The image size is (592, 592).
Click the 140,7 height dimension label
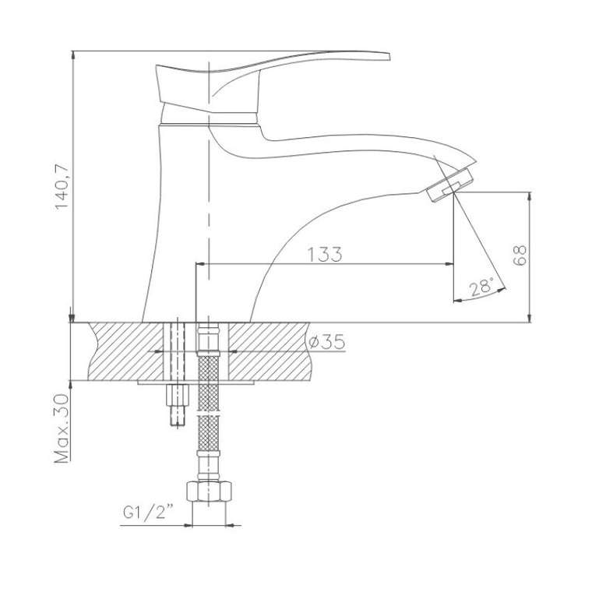click(x=62, y=186)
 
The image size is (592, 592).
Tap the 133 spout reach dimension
click(x=325, y=255)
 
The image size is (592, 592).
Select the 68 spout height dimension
click(x=520, y=255)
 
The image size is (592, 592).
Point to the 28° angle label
click(x=481, y=287)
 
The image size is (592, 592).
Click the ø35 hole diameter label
click(x=327, y=342)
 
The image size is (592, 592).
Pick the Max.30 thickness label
click(x=62, y=428)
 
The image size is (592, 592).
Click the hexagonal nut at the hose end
click(x=209, y=491)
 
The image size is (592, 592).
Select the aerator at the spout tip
click(x=450, y=185)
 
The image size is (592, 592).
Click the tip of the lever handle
click(x=389, y=56)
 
